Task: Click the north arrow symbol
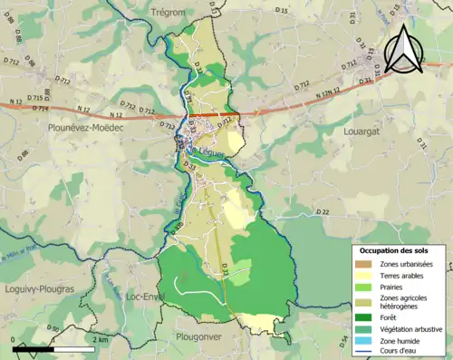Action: [x=401, y=49]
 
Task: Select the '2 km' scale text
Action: [x=101, y=339]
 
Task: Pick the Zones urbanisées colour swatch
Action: [x=360, y=264]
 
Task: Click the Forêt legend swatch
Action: [x=360, y=316]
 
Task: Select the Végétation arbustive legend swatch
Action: [x=360, y=328]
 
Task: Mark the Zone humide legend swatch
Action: [x=360, y=339]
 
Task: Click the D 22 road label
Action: [x=323, y=212]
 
